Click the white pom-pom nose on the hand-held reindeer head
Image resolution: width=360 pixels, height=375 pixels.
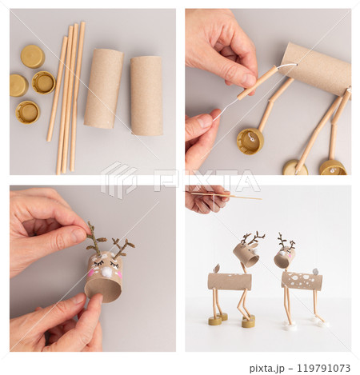pos(107,272)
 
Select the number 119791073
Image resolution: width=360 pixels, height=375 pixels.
pos(323,368)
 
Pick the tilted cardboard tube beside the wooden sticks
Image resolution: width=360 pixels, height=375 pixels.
pos(103,89)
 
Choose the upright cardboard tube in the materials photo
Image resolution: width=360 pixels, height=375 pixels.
pos(146,96)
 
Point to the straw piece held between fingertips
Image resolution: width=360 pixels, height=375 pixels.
pos(257,82)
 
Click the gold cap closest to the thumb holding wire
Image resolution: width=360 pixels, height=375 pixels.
pos(250,142)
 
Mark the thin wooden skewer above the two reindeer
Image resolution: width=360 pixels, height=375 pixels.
pos(226,196)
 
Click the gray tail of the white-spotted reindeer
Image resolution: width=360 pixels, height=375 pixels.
pos(315,272)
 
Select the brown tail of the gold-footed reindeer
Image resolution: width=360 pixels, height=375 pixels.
pos(216,269)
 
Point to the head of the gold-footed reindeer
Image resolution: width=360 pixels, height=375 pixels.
pos(246,255)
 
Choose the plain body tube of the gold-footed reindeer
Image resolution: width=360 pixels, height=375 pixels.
pos(230,281)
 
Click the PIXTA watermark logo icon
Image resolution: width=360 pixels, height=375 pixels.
pos(118,180)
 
